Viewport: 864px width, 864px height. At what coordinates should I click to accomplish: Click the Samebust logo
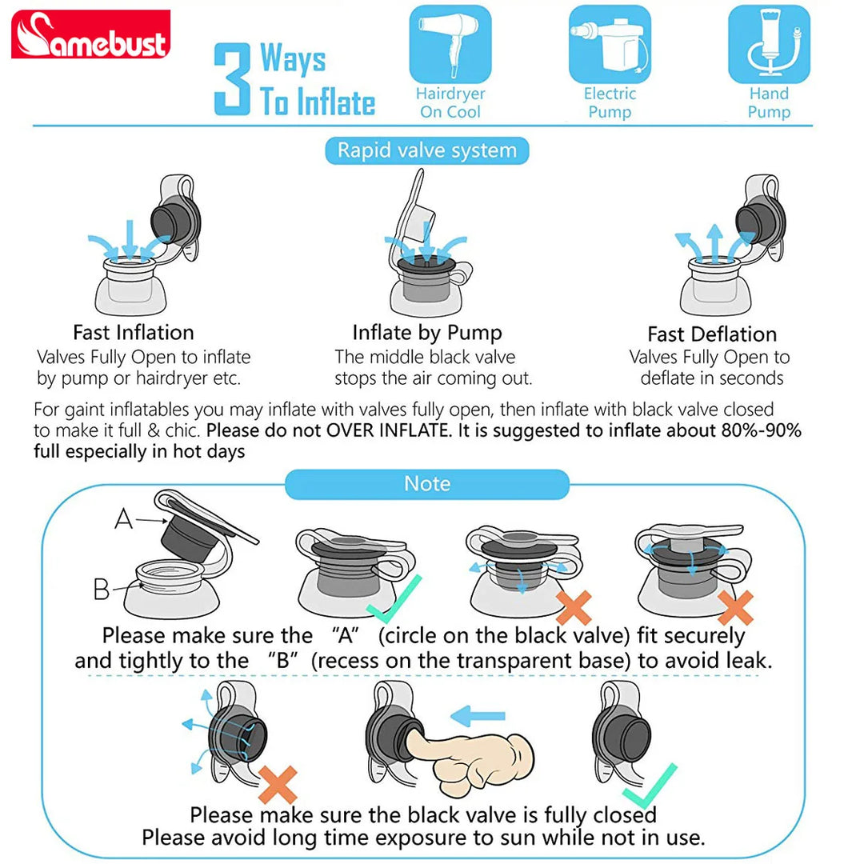click(91, 34)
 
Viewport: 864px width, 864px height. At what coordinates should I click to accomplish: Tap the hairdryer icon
click(450, 44)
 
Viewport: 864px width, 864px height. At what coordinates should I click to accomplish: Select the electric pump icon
click(610, 44)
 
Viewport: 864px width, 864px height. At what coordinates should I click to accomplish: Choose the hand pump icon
click(769, 44)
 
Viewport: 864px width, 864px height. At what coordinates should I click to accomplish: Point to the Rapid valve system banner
click(427, 150)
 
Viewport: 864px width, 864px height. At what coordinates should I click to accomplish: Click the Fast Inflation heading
click(134, 332)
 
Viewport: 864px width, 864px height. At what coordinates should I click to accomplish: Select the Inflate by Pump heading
click(427, 333)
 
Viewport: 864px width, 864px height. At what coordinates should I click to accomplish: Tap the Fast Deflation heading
click(712, 334)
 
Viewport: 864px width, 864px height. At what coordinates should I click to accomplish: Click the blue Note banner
click(427, 484)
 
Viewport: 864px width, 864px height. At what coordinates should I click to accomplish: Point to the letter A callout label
click(123, 519)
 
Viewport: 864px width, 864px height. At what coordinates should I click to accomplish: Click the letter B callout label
click(102, 589)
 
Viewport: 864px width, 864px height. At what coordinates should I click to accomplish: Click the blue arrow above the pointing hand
click(477, 716)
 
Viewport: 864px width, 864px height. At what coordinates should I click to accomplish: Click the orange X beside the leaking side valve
click(278, 785)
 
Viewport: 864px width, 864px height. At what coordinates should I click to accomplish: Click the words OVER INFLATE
click(389, 430)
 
